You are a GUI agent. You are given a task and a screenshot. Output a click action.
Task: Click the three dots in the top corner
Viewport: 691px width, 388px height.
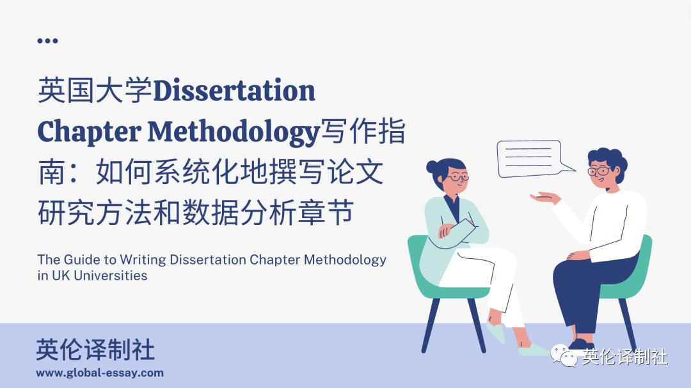47,40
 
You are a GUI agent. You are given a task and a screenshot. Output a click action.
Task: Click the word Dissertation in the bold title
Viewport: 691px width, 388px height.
234,91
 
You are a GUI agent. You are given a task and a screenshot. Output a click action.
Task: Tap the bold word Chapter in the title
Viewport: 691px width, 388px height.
89,132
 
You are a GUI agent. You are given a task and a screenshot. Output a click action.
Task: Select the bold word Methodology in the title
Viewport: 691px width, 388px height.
234,132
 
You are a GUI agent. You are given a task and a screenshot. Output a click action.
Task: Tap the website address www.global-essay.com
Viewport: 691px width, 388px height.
100,373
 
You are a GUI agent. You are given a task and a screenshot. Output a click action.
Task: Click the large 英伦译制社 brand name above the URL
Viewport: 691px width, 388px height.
95,350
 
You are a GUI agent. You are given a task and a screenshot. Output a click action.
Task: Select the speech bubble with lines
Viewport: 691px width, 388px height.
530,157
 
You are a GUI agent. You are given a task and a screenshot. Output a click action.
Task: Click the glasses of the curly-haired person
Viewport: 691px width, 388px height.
599,171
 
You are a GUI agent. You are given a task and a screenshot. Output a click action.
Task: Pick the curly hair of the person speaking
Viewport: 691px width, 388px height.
607,158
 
